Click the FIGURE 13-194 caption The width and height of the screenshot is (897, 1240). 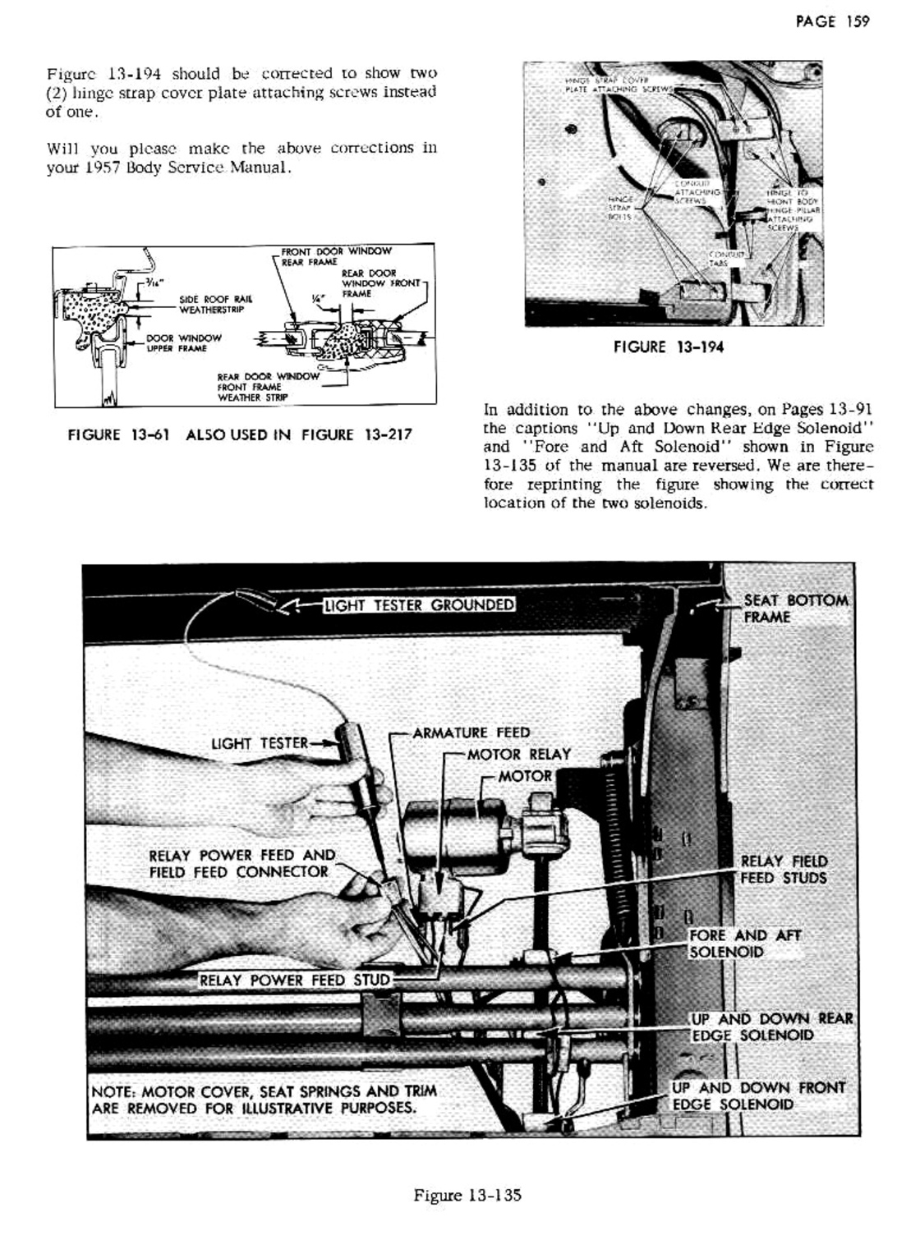[669, 347]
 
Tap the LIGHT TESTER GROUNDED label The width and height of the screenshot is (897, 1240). [419, 606]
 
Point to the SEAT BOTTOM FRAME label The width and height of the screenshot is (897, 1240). [795, 609]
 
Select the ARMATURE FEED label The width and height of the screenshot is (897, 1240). [471, 733]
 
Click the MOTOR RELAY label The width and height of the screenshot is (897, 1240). [518, 754]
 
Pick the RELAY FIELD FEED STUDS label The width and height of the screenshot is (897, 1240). [784, 870]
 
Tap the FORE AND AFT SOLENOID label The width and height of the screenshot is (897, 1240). [743, 944]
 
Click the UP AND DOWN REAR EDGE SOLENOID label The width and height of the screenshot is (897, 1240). [771, 1026]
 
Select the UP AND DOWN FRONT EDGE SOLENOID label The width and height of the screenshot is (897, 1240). [757, 1095]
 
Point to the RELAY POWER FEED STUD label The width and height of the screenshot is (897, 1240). [296, 980]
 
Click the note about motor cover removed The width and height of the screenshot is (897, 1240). [264, 1100]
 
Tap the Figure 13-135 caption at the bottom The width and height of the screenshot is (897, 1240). [468, 1196]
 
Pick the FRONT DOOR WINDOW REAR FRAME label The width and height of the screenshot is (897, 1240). [335, 256]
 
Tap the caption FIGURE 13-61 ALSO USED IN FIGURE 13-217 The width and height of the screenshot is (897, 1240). [239, 434]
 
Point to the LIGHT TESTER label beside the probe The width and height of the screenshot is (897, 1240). [260, 744]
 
